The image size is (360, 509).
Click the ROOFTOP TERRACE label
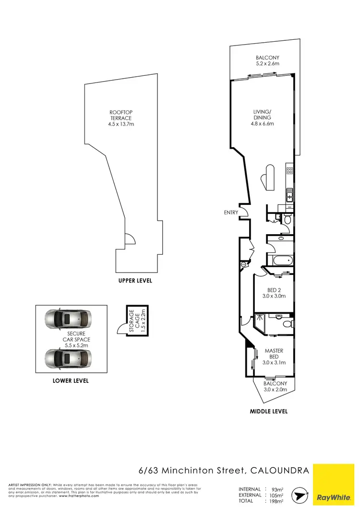tap(120, 115)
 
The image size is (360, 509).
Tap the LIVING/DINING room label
tap(263, 115)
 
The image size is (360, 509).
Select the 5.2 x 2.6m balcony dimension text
tap(267, 63)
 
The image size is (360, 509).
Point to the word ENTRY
tap(231, 213)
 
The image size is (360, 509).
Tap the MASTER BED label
tap(274, 354)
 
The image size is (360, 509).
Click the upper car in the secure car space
tap(67, 318)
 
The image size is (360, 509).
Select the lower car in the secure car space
tap(67, 357)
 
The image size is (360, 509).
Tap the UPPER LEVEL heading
tap(135, 281)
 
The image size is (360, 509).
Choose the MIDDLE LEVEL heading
tap(268, 411)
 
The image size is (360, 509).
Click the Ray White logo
tap(334, 485)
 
